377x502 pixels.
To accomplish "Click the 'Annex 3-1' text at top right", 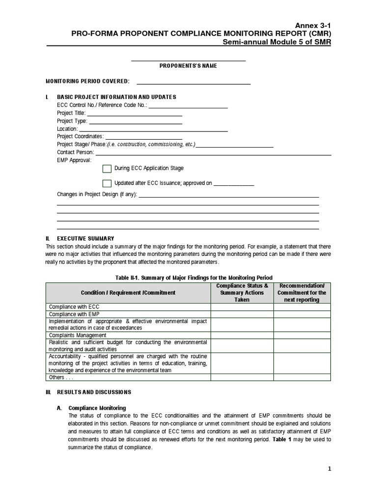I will (313, 25).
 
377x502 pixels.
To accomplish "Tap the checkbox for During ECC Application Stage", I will (107, 169).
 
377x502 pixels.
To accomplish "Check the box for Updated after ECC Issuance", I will (107, 183).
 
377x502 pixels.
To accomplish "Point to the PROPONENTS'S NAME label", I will (188, 66).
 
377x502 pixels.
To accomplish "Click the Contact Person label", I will (75, 152).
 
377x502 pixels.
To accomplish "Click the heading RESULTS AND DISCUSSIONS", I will (94, 392).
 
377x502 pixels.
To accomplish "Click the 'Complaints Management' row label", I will (78, 335).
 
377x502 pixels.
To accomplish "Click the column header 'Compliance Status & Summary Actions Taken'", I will (242, 293).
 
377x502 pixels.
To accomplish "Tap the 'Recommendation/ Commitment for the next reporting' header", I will (301, 293).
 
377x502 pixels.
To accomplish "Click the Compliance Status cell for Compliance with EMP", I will (242, 314).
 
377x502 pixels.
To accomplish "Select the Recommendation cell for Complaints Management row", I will (301, 335).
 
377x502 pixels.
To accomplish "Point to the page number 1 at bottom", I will (330, 469).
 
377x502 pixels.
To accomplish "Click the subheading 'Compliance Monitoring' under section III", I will (97, 408).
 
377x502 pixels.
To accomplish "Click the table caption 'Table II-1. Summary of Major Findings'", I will (193, 277).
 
